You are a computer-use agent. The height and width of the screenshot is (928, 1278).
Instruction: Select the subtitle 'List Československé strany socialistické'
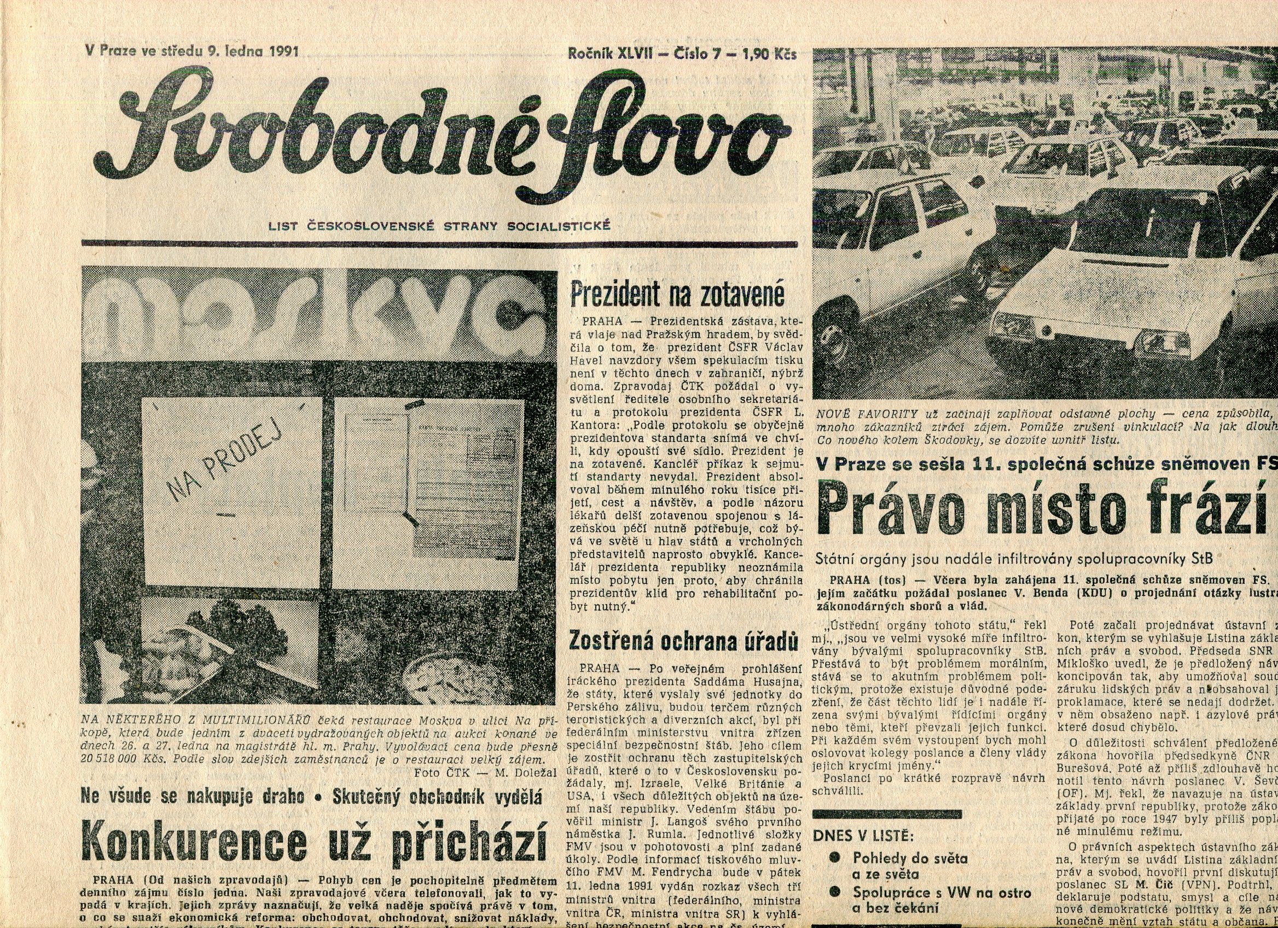(440, 227)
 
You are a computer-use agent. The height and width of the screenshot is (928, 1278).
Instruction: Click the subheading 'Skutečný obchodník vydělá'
(437, 797)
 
